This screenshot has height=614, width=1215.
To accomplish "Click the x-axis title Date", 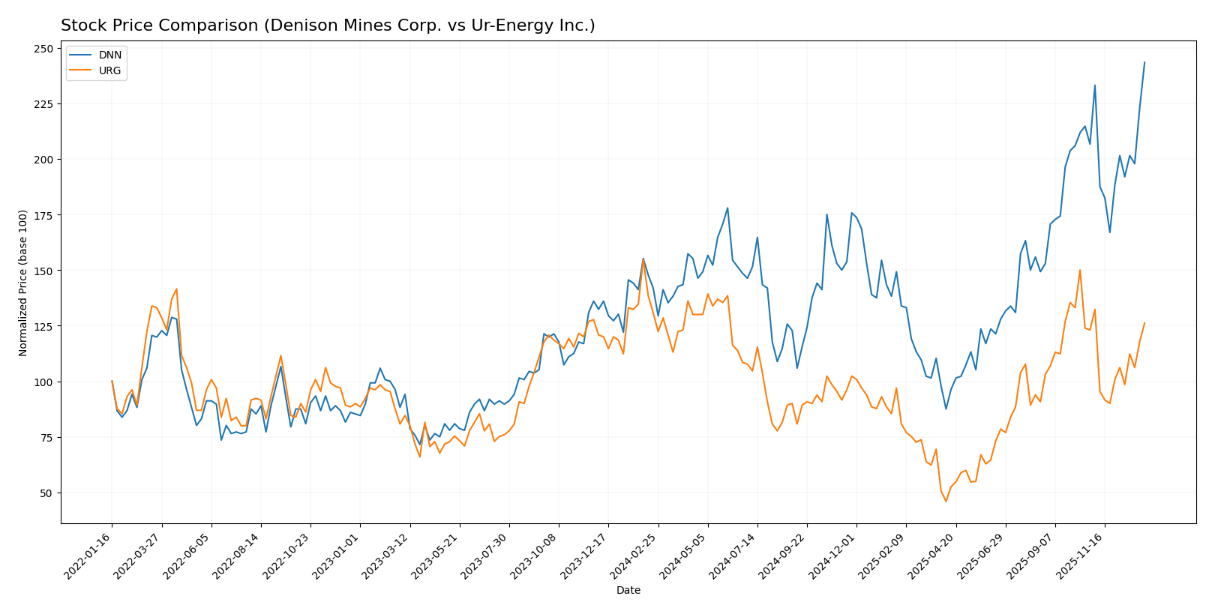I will coord(628,591).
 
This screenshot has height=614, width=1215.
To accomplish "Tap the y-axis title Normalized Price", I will coord(23,283).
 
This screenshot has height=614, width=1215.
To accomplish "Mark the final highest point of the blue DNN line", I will coord(1144,62).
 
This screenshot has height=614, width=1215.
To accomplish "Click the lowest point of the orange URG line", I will coord(946,501).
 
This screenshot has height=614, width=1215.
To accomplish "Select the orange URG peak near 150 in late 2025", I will coord(1080,270).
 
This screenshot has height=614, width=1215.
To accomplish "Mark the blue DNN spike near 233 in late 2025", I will coord(1095,85).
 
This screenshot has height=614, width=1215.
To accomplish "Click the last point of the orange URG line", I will coord(1144,323).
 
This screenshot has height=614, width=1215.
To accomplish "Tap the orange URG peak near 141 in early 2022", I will coord(176,289).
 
